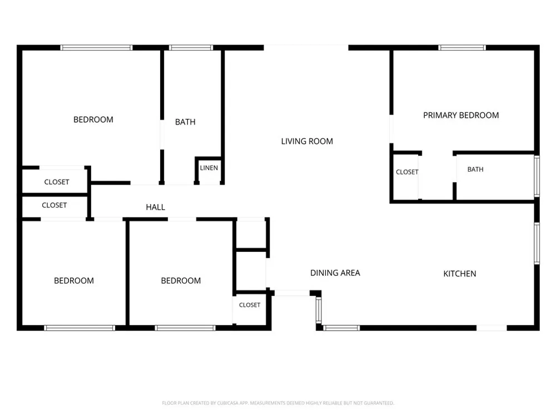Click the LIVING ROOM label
tap(307, 141)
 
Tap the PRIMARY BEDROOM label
tap(461, 115)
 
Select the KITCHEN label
tap(460, 274)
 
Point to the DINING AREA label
tap(335, 273)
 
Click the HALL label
tap(155, 207)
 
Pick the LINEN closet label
tap(209, 168)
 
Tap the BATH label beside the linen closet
tap(185, 122)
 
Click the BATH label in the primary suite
tap(475, 170)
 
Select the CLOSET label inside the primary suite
tap(407, 172)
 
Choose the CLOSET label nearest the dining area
tap(250, 305)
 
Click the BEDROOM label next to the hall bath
tap(93, 120)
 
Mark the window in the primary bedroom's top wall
tap(462, 47)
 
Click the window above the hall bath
tap(191, 47)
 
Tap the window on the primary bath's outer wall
tap(537, 176)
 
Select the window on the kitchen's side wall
tap(537, 244)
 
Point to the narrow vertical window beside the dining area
tap(319, 310)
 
